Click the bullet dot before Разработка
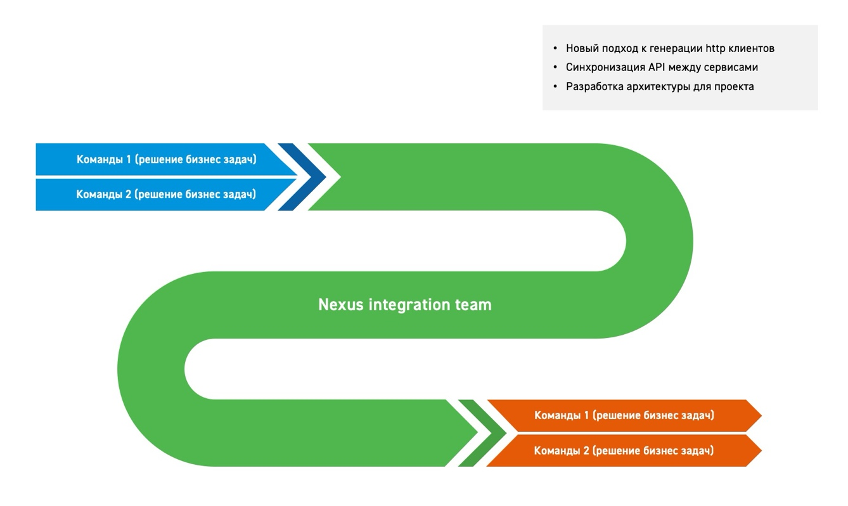click(x=555, y=86)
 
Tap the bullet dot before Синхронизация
click(x=555, y=67)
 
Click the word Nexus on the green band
click(x=340, y=304)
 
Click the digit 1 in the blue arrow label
click(x=129, y=159)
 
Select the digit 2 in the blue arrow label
click(x=128, y=194)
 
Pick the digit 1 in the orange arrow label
click(x=586, y=415)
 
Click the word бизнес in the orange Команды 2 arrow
click(x=662, y=451)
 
